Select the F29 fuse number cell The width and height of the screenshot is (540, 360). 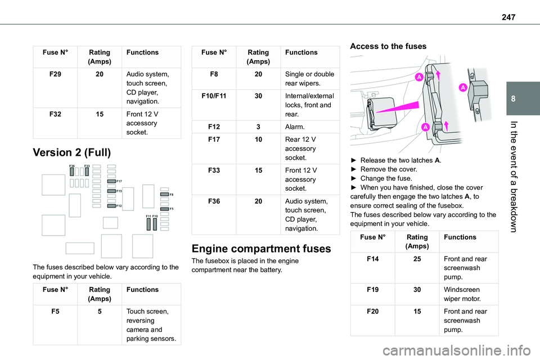tap(55, 73)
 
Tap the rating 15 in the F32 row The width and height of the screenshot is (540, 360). tap(100, 114)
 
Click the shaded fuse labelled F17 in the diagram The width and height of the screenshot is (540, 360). tap(111, 182)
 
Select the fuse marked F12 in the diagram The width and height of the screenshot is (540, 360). tap(111, 206)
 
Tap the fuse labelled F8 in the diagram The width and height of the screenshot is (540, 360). tap(164, 194)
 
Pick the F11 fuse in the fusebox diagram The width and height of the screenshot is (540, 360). tap(148, 224)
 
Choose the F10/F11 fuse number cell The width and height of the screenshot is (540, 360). tap(214, 96)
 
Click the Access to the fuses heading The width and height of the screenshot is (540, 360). tap(388, 46)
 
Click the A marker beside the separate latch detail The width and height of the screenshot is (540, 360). tap(462, 88)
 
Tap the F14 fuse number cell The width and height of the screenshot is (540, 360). tap(372, 258)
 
